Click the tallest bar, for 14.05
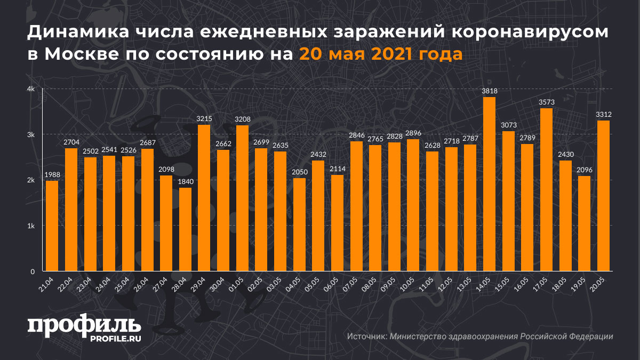pyautogui.click(x=489, y=184)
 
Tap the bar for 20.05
pyautogui.click(x=603, y=196)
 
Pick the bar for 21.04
pyautogui.click(x=52, y=226)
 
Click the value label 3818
pyautogui.click(x=489, y=91)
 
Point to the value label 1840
pyautogui.click(x=185, y=182)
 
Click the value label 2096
pyautogui.click(x=584, y=170)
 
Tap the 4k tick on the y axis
pyautogui.click(x=31, y=89)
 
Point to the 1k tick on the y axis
pyautogui.click(x=31, y=226)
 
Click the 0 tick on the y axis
pyautogui.click(x=33, y=271)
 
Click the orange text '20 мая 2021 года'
pyautogui.click(x=380, y=54)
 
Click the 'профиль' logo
pyautogui.click(x=84, y=325)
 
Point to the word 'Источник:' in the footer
pyautogui.click(x=367, y=337)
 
